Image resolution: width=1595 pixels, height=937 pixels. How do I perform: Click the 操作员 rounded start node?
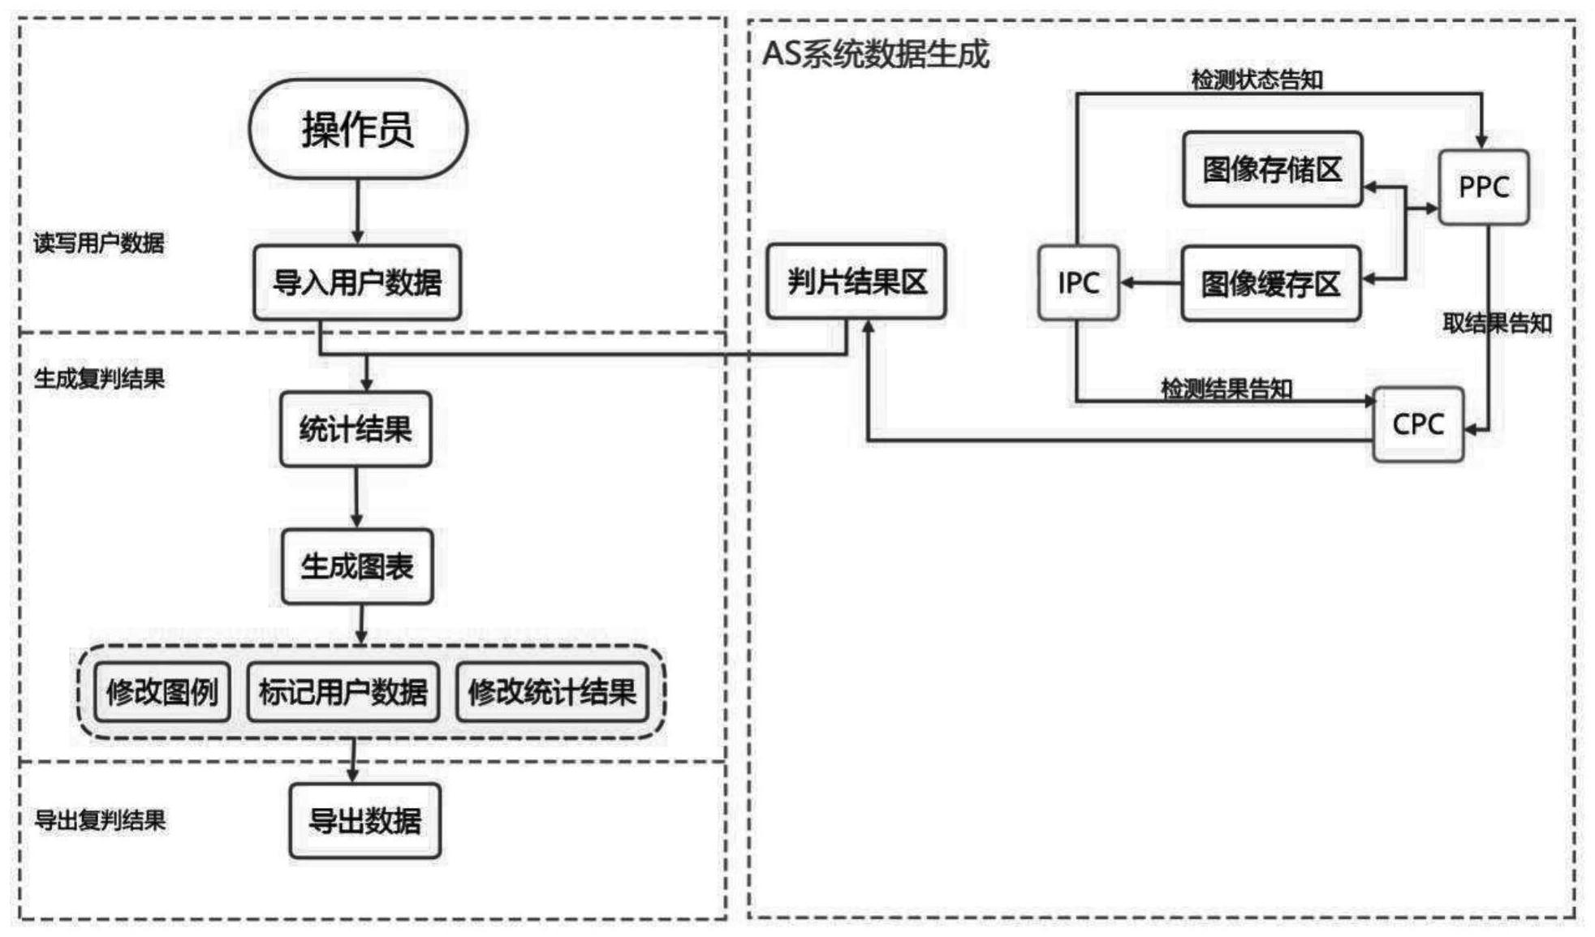358,129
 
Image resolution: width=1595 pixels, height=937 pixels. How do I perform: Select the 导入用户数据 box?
357,282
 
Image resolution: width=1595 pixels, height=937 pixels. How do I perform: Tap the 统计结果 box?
356,429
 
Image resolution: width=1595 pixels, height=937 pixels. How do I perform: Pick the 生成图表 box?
357,566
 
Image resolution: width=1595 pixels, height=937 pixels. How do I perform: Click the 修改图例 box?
162,692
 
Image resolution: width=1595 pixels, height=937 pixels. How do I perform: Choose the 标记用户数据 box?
343,692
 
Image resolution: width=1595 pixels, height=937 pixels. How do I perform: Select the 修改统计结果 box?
552,692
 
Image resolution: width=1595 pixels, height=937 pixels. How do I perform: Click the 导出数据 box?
365,821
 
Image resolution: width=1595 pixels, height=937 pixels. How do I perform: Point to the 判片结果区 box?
856,282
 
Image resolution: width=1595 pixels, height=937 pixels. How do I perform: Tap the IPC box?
1079,282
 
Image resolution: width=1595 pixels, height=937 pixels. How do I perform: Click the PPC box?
1484,187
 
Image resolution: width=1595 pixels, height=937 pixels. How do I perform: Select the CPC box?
1418,424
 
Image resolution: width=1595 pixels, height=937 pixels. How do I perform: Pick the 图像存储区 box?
1272,170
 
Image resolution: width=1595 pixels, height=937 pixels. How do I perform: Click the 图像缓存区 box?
1270,284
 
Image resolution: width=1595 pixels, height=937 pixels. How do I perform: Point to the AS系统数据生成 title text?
876,54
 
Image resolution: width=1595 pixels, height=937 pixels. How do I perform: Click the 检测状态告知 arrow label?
1257,80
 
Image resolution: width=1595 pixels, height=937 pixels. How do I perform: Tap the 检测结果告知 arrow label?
1226,389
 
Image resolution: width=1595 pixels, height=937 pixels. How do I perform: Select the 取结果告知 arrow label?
1497,323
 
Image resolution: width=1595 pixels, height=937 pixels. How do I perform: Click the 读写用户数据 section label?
99,243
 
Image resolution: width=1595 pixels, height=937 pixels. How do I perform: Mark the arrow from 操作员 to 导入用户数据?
358,211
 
